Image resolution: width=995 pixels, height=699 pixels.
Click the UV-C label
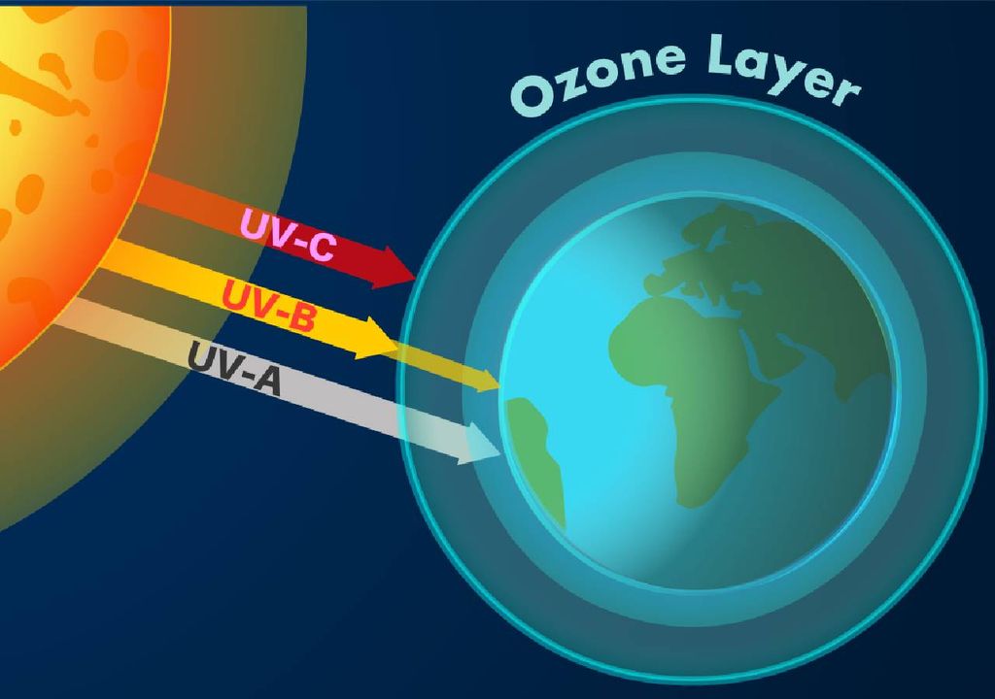tap(287, 235)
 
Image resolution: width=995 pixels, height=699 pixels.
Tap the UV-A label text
tap(234, 368)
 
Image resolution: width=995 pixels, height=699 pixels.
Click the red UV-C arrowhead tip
tap(416, 278)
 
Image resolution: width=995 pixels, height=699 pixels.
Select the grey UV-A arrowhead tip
tap(501, 452)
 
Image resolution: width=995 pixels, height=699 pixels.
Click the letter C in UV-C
tap(319, 248)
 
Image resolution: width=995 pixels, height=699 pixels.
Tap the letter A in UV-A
tap(264, 381)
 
